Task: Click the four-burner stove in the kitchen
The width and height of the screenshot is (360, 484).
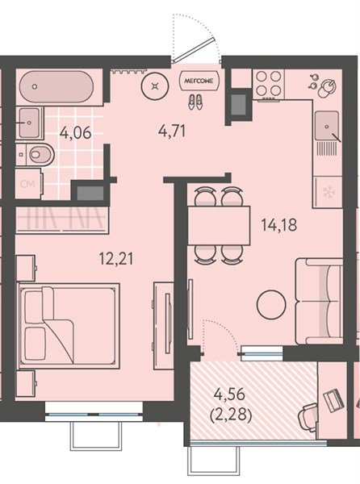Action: click(x=269, y=82)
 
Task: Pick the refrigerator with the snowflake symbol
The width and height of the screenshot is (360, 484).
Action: click(x=329, y=192)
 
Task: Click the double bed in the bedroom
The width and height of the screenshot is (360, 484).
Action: click(x=69, y=323)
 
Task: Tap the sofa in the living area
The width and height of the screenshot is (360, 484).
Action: click(x=319, y=299)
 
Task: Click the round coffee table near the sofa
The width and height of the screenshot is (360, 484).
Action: click(x=271, y=305)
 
